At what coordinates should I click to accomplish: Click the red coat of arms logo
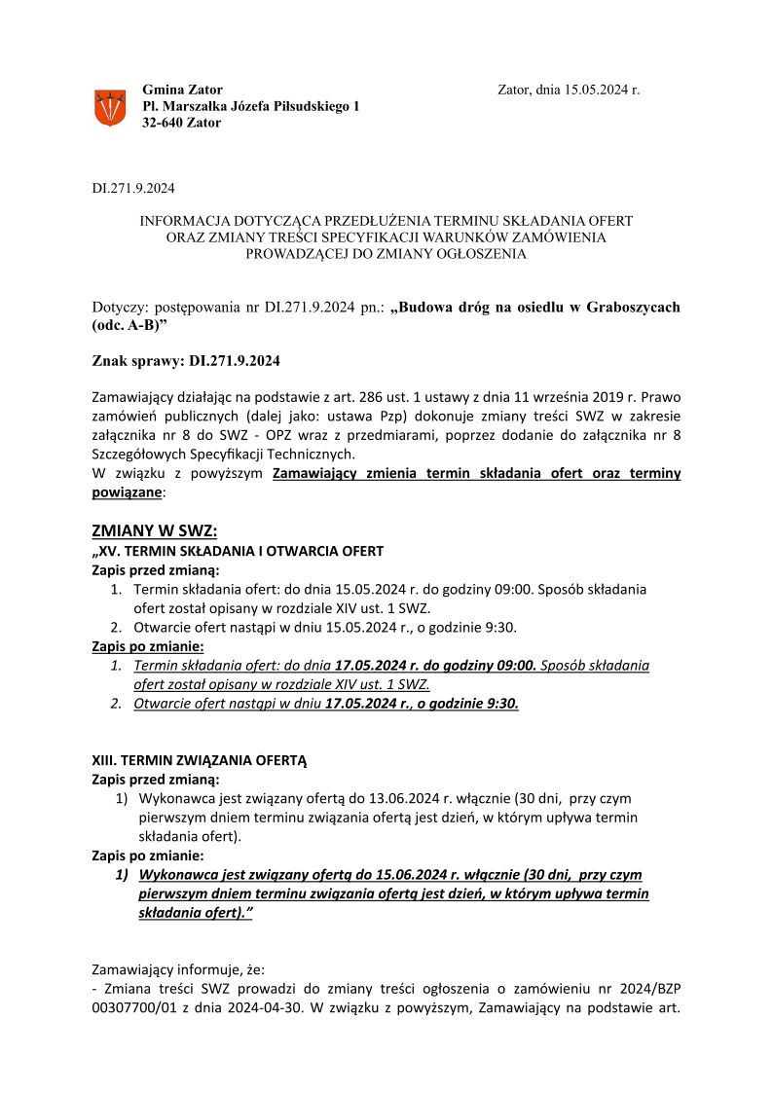(x=109, y=106)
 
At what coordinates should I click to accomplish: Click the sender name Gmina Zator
(x=182, y=90)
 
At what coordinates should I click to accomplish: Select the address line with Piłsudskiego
(x=250, y=106)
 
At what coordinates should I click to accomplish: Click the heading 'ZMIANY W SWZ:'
(x=154, y=530)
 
